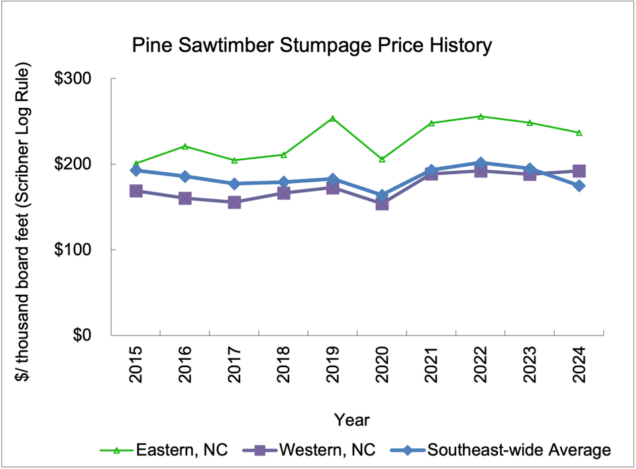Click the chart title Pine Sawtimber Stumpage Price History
[312, 46]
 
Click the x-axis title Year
[352, 419]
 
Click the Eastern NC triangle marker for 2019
[333, 119]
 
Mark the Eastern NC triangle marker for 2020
[382, 159]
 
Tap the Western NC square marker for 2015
[136, 191]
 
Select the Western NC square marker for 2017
[234, 202]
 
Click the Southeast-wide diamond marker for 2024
[578, 186]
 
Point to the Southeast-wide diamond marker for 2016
[185, 176]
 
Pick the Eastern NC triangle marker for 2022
[480, 117]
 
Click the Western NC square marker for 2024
[578, 172]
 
